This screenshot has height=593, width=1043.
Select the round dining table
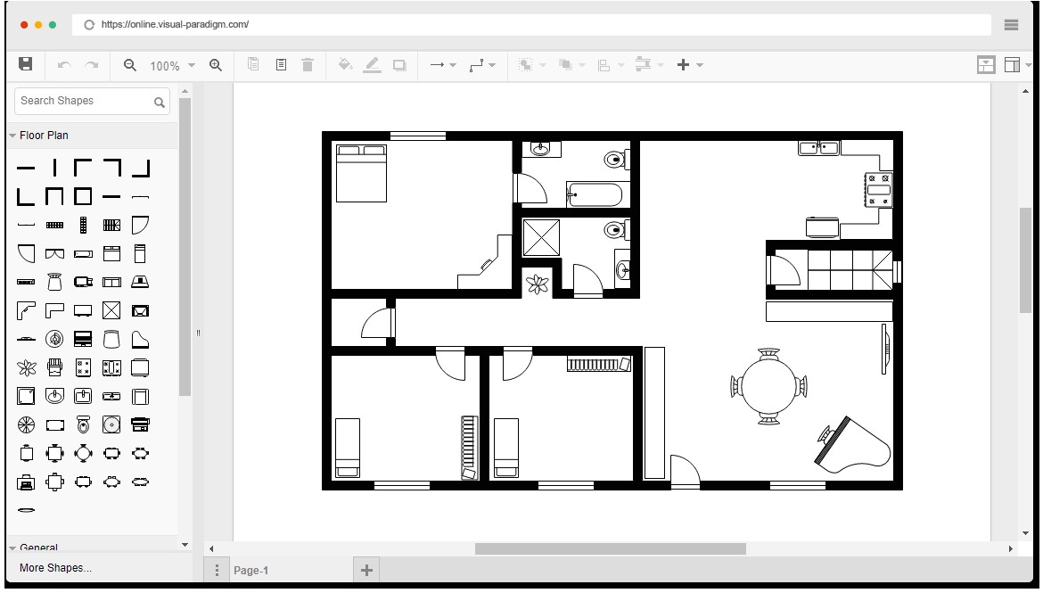768,385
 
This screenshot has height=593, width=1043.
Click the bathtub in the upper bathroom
599,194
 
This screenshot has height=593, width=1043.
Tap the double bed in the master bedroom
361,173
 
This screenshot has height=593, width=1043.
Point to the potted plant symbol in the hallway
538,284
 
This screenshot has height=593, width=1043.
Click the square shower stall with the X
541,237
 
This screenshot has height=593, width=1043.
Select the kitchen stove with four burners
878,190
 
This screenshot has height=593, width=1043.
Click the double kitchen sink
818,148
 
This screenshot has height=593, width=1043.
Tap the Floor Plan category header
45,136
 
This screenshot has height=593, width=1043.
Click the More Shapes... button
55,568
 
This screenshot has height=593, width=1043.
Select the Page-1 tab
250,571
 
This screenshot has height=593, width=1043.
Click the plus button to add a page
366,571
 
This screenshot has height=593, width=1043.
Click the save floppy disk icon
26,64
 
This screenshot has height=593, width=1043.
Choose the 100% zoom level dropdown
172,66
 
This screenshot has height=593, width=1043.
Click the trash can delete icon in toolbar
308,65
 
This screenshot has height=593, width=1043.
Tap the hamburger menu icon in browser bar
1011,25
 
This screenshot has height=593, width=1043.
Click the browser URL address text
175,25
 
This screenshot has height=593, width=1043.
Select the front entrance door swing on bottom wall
685,472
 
